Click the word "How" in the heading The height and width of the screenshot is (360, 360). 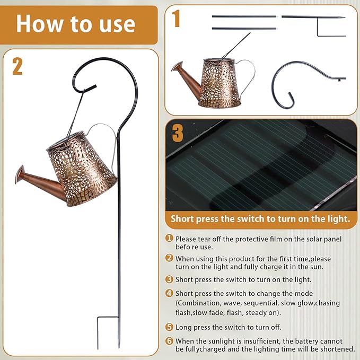[x=40, y=24]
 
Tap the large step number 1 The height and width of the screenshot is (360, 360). [x=176, y=19]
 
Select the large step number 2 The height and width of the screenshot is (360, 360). [x=17, y=66]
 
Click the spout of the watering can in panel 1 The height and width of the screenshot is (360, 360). [x=187, y=78]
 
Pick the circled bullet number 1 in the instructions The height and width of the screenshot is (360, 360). [x=169, y=238]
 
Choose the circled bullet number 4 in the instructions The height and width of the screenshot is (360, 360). [x=169, y=293]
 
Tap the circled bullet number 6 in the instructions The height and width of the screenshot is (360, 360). [x=169, y=341]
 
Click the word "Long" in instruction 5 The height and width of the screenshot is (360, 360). [x=183, y=327]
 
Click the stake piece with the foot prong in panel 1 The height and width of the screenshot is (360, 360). [x=314, y=26]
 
